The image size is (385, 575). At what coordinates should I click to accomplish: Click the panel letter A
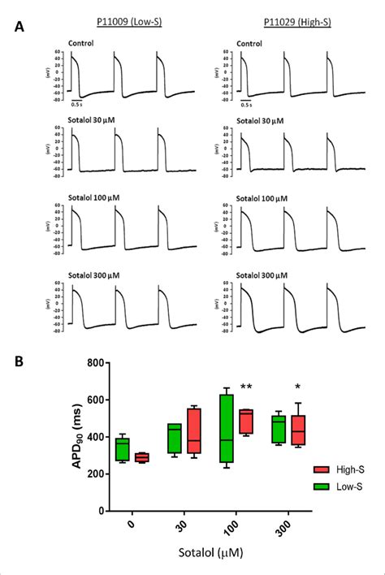(x=19, y=27)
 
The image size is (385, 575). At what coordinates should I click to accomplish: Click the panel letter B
(x=19, y=357)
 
